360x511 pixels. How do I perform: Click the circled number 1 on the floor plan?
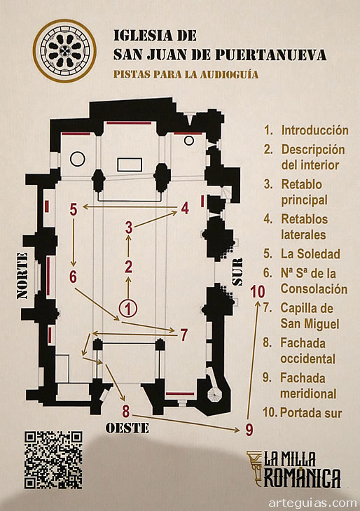pos(127,307)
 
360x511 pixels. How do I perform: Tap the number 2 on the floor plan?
pos(128,266)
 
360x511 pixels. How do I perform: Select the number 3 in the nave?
pos(129,227)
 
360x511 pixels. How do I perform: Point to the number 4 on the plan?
pos(185,208)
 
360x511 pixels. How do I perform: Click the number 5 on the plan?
pos(73,209)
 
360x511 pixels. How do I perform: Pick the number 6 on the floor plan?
pos(73,276)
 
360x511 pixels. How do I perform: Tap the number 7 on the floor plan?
pos(184,334)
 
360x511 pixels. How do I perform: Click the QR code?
pos(54,460)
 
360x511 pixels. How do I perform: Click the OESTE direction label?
pos(127,428)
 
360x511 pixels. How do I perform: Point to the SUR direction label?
pos(237,272)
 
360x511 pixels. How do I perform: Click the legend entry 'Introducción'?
pos(314,130)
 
